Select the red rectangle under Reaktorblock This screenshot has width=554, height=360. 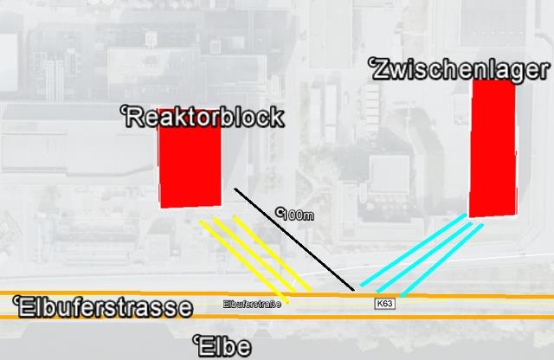(190, 170)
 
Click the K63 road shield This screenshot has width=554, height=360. (384, 304)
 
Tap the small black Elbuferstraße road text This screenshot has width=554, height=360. (252, 304)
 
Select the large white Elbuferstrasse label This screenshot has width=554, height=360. (106, 307)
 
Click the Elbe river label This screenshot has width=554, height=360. (224, 347)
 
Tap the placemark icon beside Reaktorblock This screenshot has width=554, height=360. (122, 109)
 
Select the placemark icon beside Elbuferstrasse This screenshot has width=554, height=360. (16, 299)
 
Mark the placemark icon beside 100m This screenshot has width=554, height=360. (279, 209)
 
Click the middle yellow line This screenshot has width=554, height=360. (253, 257)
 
